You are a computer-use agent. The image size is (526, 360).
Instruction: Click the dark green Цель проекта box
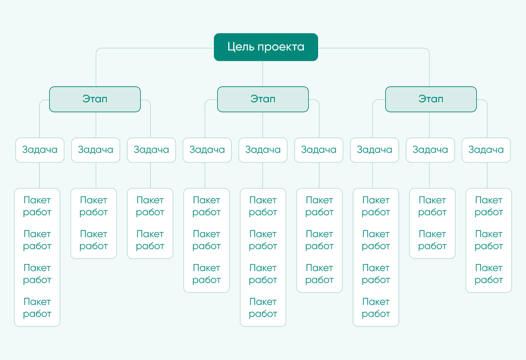tap(266, 47)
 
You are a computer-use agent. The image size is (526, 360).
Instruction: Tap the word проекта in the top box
tap(281, 47)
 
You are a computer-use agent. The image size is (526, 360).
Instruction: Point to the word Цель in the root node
tap(240, 47)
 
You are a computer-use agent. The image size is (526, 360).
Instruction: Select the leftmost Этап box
tap(95, 99)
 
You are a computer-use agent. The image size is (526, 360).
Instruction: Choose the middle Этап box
tap(263, 99)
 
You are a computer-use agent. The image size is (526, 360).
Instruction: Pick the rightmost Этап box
tap(431, 99)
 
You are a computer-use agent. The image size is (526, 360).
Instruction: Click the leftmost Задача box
tap(39, 150)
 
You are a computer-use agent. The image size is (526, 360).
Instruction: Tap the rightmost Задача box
tap(486, 150)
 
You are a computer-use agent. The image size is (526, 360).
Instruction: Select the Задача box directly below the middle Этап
tap(263, 150)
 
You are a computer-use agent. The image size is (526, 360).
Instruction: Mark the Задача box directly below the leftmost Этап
tap(95, 150)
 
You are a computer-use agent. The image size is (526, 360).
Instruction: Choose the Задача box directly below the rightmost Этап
tap(431, 150)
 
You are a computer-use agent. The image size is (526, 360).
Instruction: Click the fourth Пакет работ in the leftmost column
tap(37, 308)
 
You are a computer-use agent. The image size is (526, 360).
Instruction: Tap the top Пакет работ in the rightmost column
tap(489, 206)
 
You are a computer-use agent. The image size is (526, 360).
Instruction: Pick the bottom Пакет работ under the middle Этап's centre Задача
tap(263, 308)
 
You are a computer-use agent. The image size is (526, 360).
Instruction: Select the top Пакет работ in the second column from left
tap(94, 206)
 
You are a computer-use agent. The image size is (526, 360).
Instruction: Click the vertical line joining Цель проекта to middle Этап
tap(263, 74)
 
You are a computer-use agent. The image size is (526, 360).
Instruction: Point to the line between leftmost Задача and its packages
tap(39, 175)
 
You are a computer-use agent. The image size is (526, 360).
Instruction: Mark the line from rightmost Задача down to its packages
tap(487, 175)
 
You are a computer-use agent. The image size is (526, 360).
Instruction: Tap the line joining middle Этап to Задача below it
tap(263, 125)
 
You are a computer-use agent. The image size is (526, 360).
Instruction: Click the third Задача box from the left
tap(151, 150)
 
